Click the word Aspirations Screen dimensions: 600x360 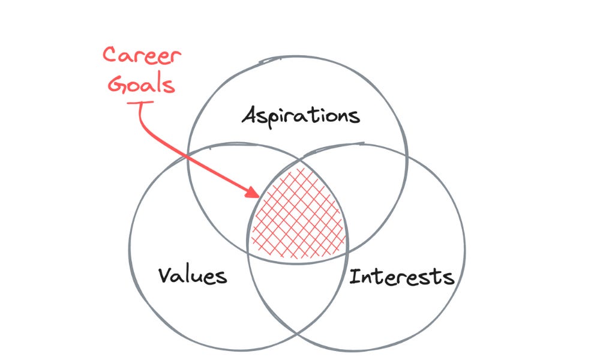pyautogui.click(x=301, y=115)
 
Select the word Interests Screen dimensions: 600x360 pyautogui.click(x=401, y=277)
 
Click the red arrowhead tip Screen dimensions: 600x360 pyautogui.click(x=259, y=196)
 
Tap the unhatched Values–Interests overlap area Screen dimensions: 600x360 pyautogui.click(x=298, y=288)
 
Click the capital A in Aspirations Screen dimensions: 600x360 pyautogui.click(x=249, y=115)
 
